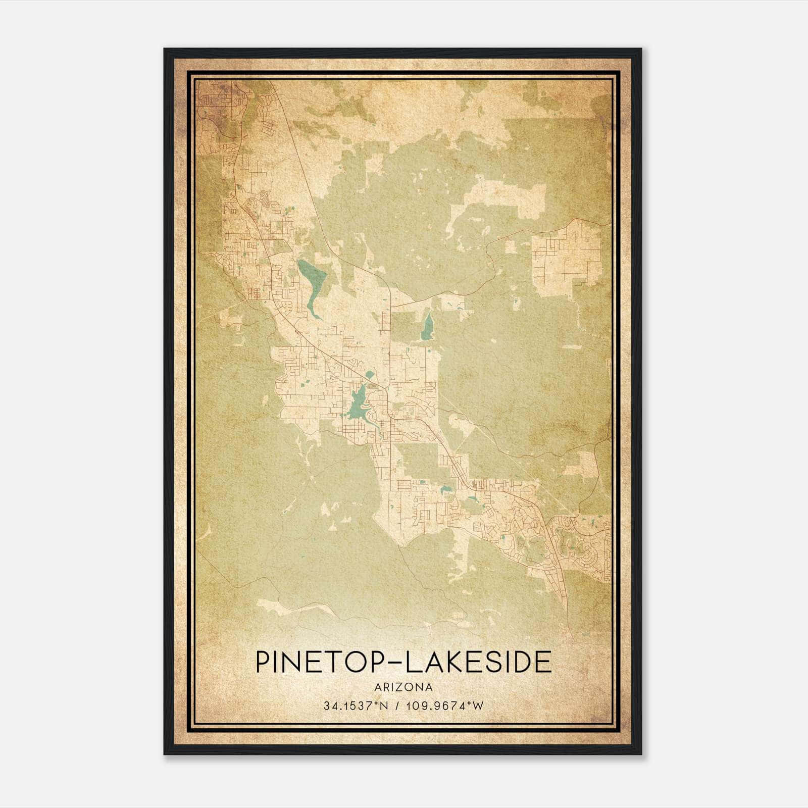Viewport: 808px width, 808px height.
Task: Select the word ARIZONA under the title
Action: click(x=403, y=687)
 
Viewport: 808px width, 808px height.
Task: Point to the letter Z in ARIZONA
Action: click(x=402, y=687)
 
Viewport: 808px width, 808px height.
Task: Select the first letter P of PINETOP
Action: click(x=264, y=662)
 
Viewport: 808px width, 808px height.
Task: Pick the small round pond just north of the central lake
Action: click(x=369, y=375)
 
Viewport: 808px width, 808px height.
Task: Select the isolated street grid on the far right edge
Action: click(x=567, y=258)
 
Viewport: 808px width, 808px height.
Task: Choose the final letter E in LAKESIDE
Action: click(x=544, y=662)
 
